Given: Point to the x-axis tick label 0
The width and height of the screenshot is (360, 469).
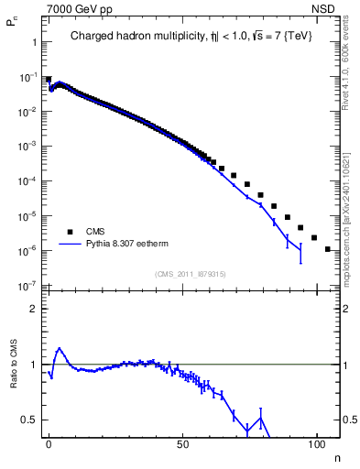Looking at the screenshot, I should point(49,444).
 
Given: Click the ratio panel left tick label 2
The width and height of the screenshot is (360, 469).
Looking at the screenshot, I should point(34,309).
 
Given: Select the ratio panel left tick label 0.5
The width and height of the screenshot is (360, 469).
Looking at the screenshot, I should point(29,420).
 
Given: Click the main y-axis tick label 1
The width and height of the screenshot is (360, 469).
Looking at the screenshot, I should point(34,42).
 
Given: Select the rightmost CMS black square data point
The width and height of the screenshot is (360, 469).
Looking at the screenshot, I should point(327,248).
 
